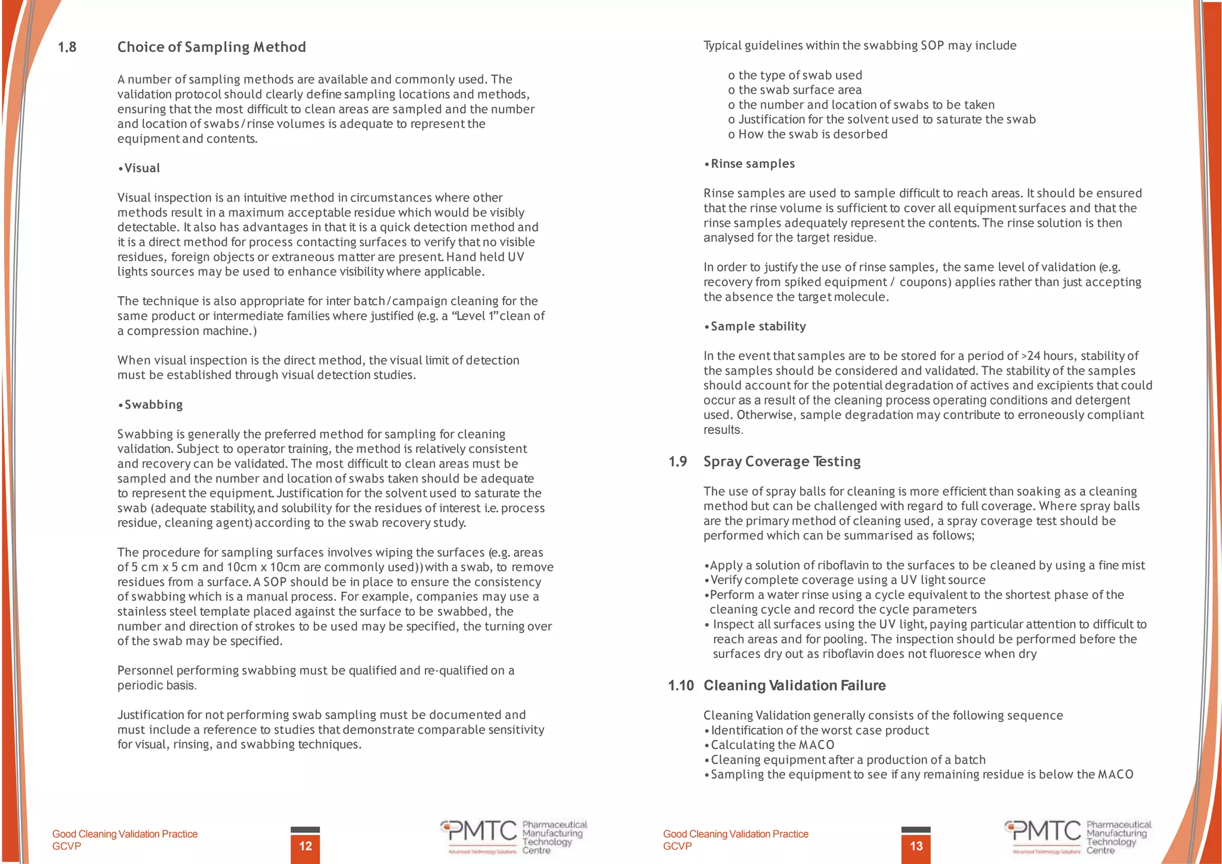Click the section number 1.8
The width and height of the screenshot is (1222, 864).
[67, 47]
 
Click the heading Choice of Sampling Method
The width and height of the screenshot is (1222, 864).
[211, 47]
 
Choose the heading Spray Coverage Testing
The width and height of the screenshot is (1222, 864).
[782, 461]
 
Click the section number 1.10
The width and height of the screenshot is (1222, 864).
[680, 686]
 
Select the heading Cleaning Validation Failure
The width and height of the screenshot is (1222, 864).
[794, 686]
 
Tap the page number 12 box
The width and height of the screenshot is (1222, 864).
[305, 846]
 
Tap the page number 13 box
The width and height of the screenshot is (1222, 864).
[916, 846]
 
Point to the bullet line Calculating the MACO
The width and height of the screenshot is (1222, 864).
[772, 745]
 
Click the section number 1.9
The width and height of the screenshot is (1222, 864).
[677, 461]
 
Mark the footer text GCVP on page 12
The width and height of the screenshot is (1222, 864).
[66, 846]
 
